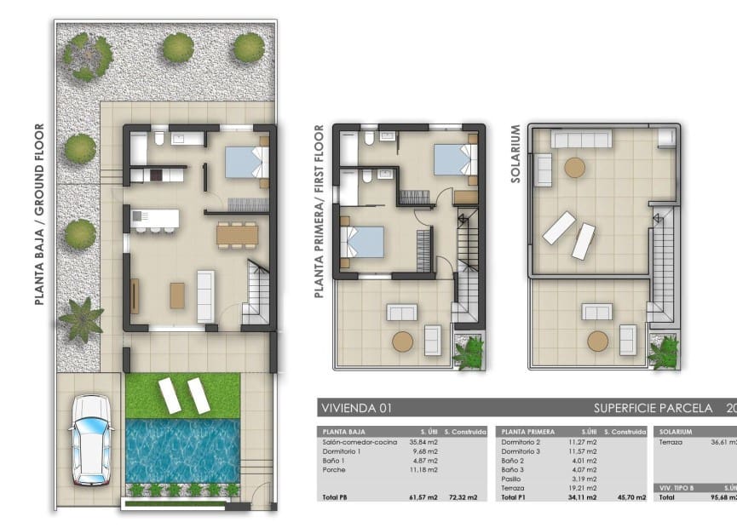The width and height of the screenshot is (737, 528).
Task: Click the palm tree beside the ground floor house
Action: [x=81, y=319]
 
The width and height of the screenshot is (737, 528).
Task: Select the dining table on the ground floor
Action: [x=237, y=233]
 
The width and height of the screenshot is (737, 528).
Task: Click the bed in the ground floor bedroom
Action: [x=247, y=162]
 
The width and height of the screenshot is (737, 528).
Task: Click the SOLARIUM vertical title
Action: [x=515, y=154]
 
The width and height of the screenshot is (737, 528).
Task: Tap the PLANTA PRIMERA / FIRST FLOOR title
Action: [x=320, y=210]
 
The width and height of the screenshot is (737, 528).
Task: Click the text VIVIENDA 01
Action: [x=355, y=408]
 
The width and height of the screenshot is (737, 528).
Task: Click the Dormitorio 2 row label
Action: [x=522, y=441]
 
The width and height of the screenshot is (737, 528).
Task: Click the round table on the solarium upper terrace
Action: [x=576, y=167]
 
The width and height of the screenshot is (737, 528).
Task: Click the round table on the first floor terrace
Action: [x=403, y=341]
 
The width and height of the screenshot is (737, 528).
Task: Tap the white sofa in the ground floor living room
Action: [x=205, y=296]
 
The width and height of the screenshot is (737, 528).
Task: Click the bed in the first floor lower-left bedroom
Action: [x=361, y=241]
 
